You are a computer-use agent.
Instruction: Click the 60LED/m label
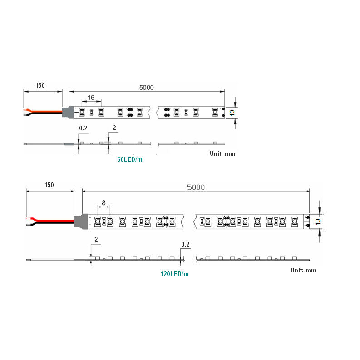(129, 159)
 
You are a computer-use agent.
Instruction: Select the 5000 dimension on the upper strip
(146, 88)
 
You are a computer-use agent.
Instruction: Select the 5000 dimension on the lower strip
(196, 187)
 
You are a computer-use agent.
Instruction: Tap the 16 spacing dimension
(91, 98)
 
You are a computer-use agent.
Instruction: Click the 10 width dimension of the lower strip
(318, 222)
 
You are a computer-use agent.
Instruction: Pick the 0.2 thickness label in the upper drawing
(83, 128)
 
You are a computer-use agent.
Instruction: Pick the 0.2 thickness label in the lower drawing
(185, 244)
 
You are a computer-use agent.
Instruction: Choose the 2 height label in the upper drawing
(114, 128)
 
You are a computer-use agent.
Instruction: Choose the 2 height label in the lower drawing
(96, 239)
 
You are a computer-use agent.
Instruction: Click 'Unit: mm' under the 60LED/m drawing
(222, 153)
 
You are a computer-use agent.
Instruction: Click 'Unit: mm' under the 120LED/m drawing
(303, 270)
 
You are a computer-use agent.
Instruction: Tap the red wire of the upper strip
(45, 110)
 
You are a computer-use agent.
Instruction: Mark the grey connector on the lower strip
(80, 221)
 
